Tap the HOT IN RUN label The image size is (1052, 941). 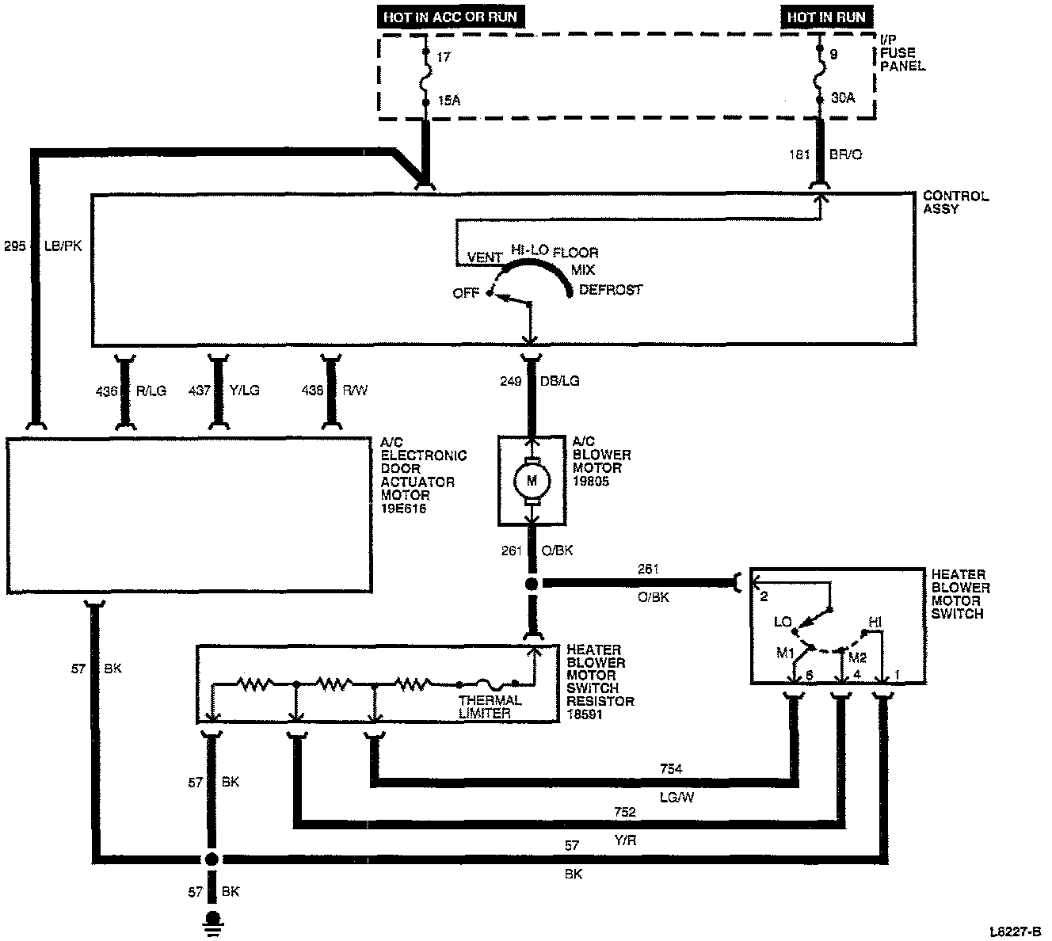[826, 17]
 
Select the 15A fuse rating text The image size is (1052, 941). [448, 100]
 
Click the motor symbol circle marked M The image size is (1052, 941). [532, 480]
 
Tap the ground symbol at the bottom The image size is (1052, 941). [212, 922]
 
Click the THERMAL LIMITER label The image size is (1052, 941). [490, 707]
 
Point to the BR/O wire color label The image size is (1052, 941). [844, 155]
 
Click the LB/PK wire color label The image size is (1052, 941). [65, 246]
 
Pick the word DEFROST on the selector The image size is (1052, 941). [611, 290]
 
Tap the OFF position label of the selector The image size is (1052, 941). [466, 293]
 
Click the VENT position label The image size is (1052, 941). [485, 257]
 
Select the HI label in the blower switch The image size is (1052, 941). [875, 623]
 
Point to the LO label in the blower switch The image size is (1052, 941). [783, 623]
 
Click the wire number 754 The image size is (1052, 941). [671, 768]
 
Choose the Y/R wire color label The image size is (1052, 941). [625, 841]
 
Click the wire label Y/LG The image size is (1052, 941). [243, 390]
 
